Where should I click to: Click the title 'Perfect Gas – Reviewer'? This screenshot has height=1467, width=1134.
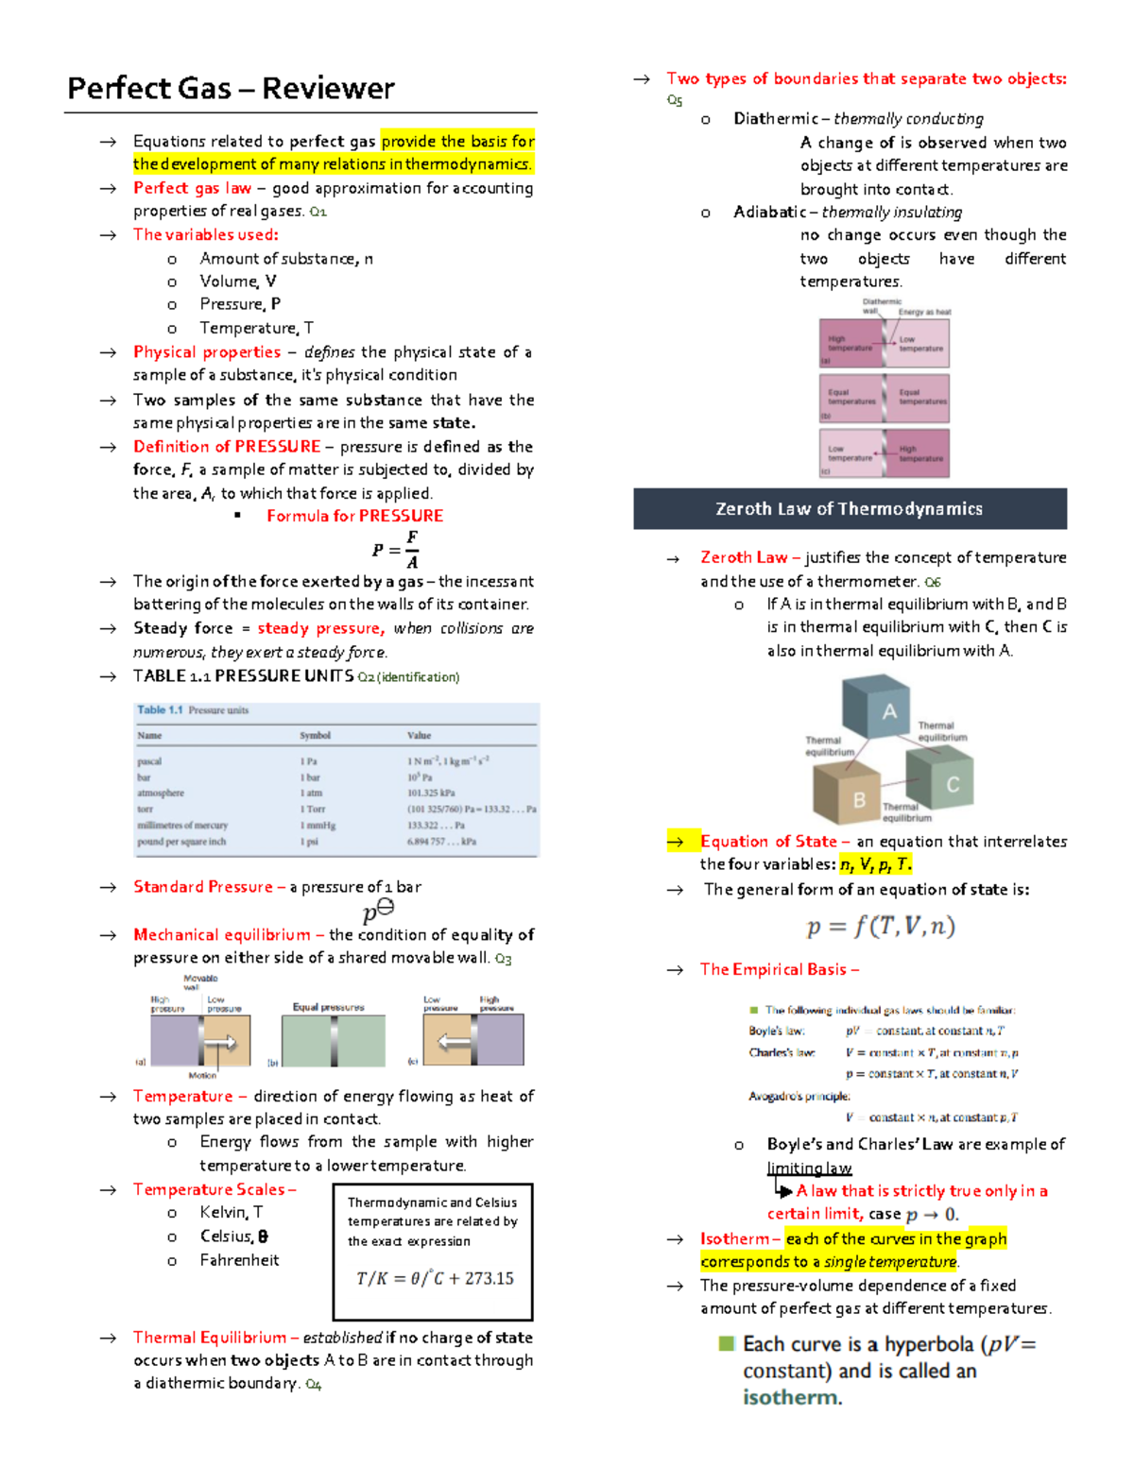point(231,89)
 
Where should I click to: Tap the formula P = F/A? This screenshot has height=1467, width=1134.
point(396,550)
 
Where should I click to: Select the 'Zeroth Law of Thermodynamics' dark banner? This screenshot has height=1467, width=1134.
point(850,509)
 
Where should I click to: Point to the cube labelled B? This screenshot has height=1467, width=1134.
point(853,793)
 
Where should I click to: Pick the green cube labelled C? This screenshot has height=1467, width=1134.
point(941,778)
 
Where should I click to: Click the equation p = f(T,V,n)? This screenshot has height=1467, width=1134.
point(881,927)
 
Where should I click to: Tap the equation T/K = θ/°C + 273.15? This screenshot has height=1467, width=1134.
point(435,1278)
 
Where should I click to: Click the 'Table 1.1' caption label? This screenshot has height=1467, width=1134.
point(160,710)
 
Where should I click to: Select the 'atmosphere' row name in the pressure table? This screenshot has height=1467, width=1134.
point(161,793)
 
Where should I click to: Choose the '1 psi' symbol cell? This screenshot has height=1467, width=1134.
point(309,842)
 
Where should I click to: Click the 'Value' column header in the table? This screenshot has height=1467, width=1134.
point(419,735)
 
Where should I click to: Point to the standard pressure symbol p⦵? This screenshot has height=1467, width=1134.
point(378,912)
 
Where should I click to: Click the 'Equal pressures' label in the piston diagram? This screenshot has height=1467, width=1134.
point(328,1007)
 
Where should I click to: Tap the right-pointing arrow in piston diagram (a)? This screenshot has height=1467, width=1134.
point(220,1042)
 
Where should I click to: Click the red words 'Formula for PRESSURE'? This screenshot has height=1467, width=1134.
point(354,516)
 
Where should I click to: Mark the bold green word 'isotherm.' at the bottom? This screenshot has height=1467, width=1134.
point(792,1397)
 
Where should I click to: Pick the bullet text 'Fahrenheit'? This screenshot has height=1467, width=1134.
point(239,1260)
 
